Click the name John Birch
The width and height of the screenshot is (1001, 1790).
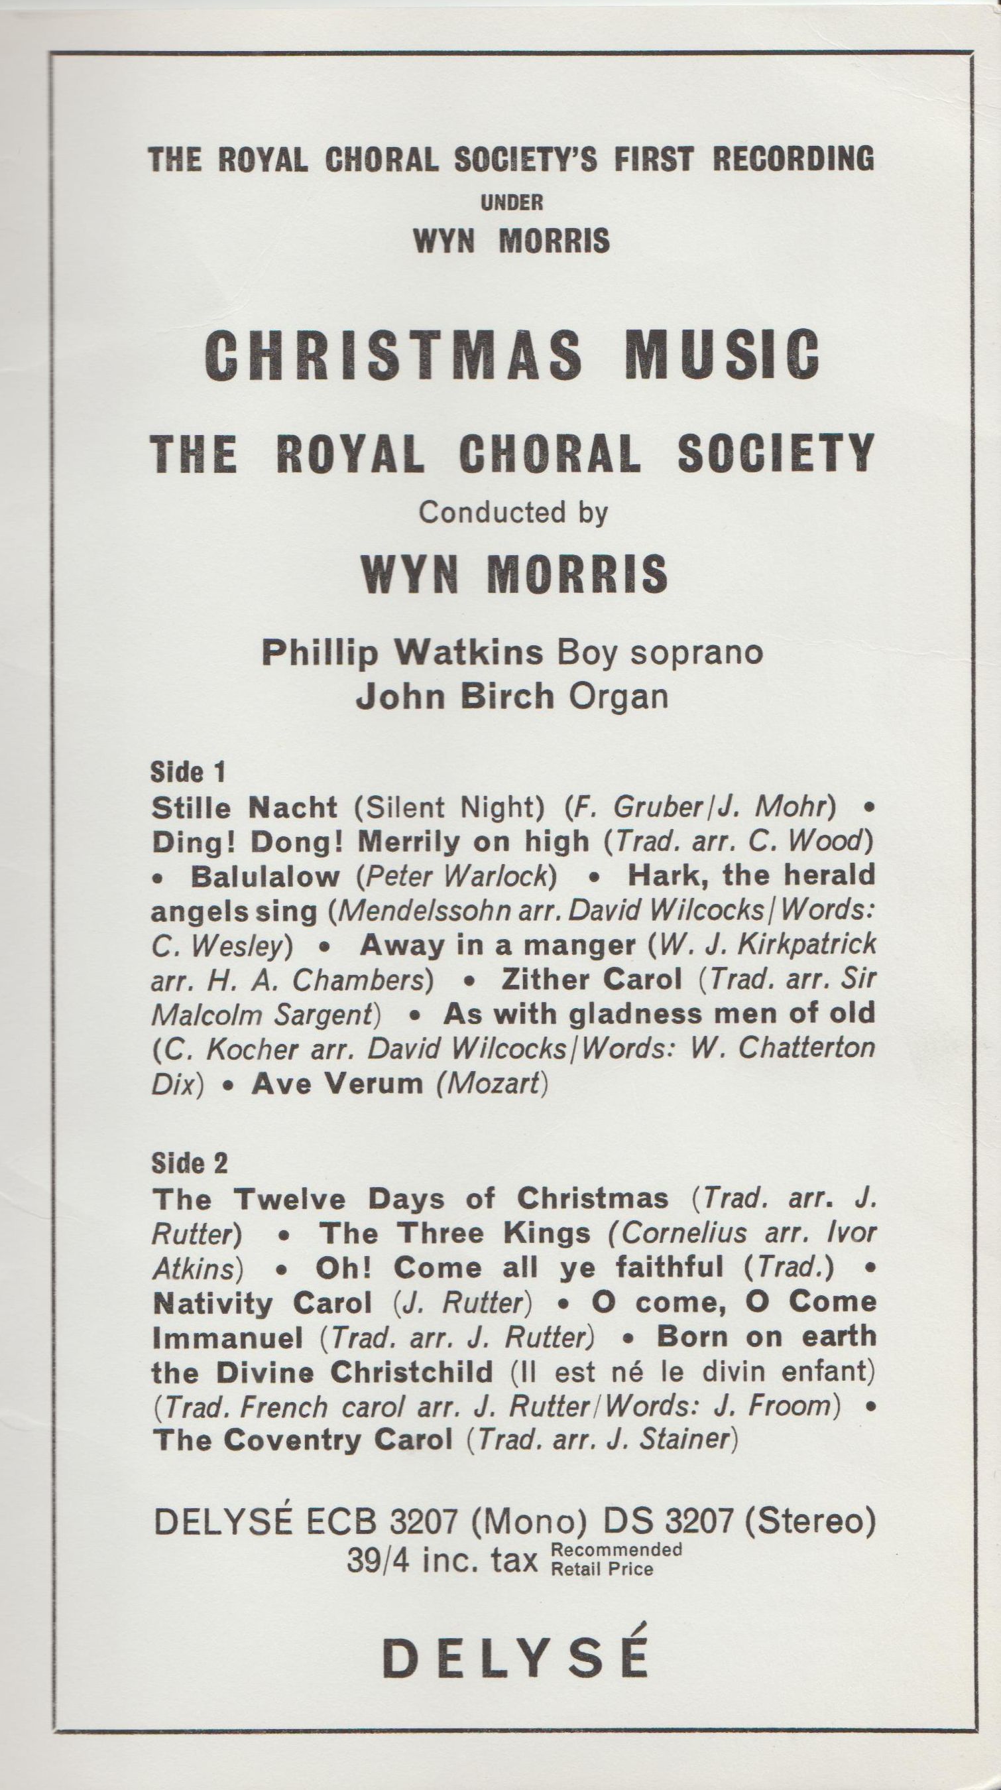pyautogui.click(x=455, y=697)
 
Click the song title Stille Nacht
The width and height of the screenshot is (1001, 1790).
pyautogui.click(x=245, y=808)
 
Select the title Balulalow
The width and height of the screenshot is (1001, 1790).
pyautogui.click(x=265, y=876)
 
